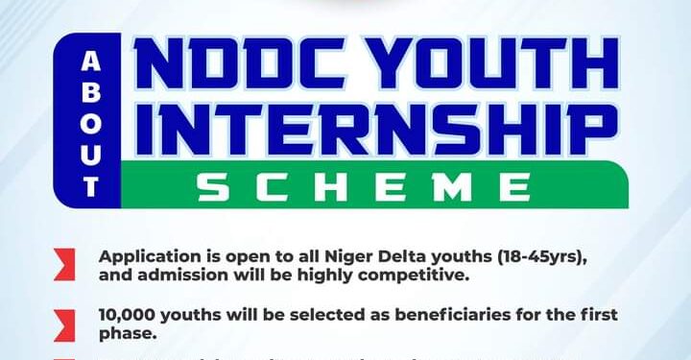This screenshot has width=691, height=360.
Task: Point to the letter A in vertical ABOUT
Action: point(91,60)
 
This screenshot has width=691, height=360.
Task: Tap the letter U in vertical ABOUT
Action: point(91,153)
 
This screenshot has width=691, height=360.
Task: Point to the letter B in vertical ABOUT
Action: point(91,91)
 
